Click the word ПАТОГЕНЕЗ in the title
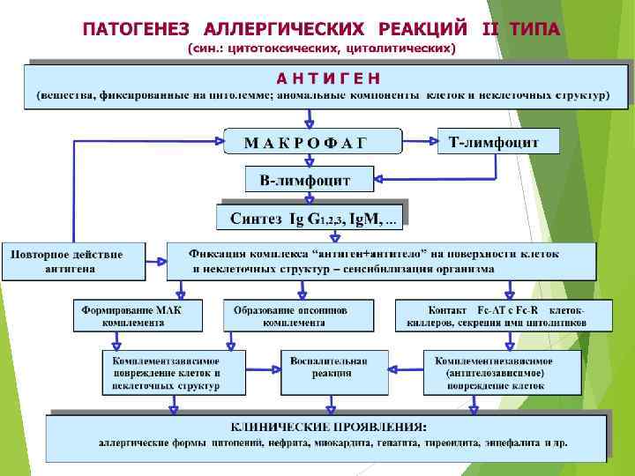click(x=133, y=28)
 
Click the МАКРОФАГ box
click(x=305, y=143)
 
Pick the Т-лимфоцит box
click(x=498, y=141)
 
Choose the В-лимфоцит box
click(x=305, y=181)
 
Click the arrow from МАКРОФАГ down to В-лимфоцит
click(x=309, y=160)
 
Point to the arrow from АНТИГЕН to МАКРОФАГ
click(x=309, y=118)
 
